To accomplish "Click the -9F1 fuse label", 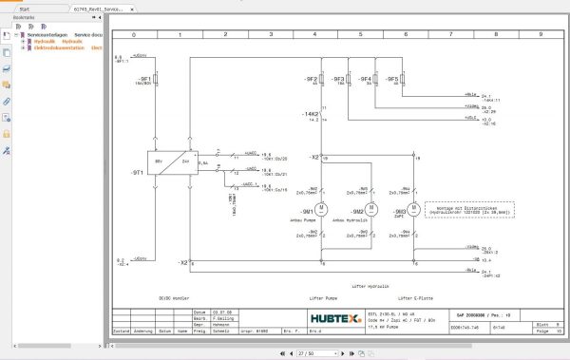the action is pos(145,80).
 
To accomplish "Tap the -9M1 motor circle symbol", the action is pos(321,208).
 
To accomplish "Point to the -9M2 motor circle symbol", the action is pos(371,208).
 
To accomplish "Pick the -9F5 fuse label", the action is pos(393,79).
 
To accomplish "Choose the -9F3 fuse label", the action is pos(337,79).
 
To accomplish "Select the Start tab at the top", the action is pos(28,7).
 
